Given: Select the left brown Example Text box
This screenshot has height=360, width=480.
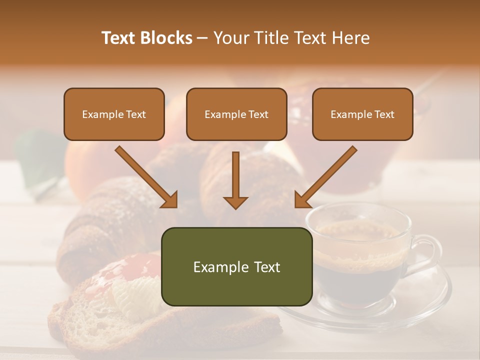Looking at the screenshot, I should [x=114, y=114].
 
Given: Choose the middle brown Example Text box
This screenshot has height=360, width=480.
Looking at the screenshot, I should [x=236, y=114].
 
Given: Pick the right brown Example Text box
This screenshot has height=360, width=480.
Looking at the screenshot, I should [x=362, y=114].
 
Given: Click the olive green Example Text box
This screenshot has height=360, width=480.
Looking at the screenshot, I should [x=236, y=266].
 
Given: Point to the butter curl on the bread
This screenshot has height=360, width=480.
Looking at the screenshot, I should [x=132, y=300].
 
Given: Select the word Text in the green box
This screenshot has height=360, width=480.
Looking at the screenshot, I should [x=265, y=267].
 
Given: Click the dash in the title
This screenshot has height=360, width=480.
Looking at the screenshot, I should [x=202, y=38].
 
